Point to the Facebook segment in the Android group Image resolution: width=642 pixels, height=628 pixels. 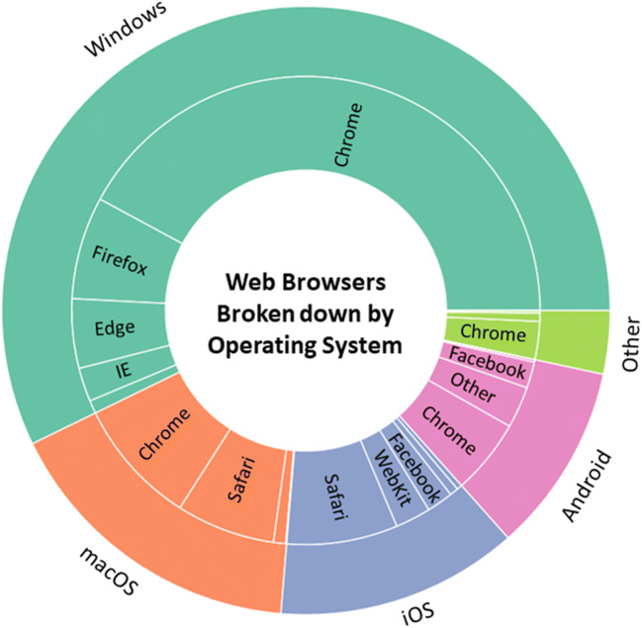487,360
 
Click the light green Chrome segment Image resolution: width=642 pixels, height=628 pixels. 493,333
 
